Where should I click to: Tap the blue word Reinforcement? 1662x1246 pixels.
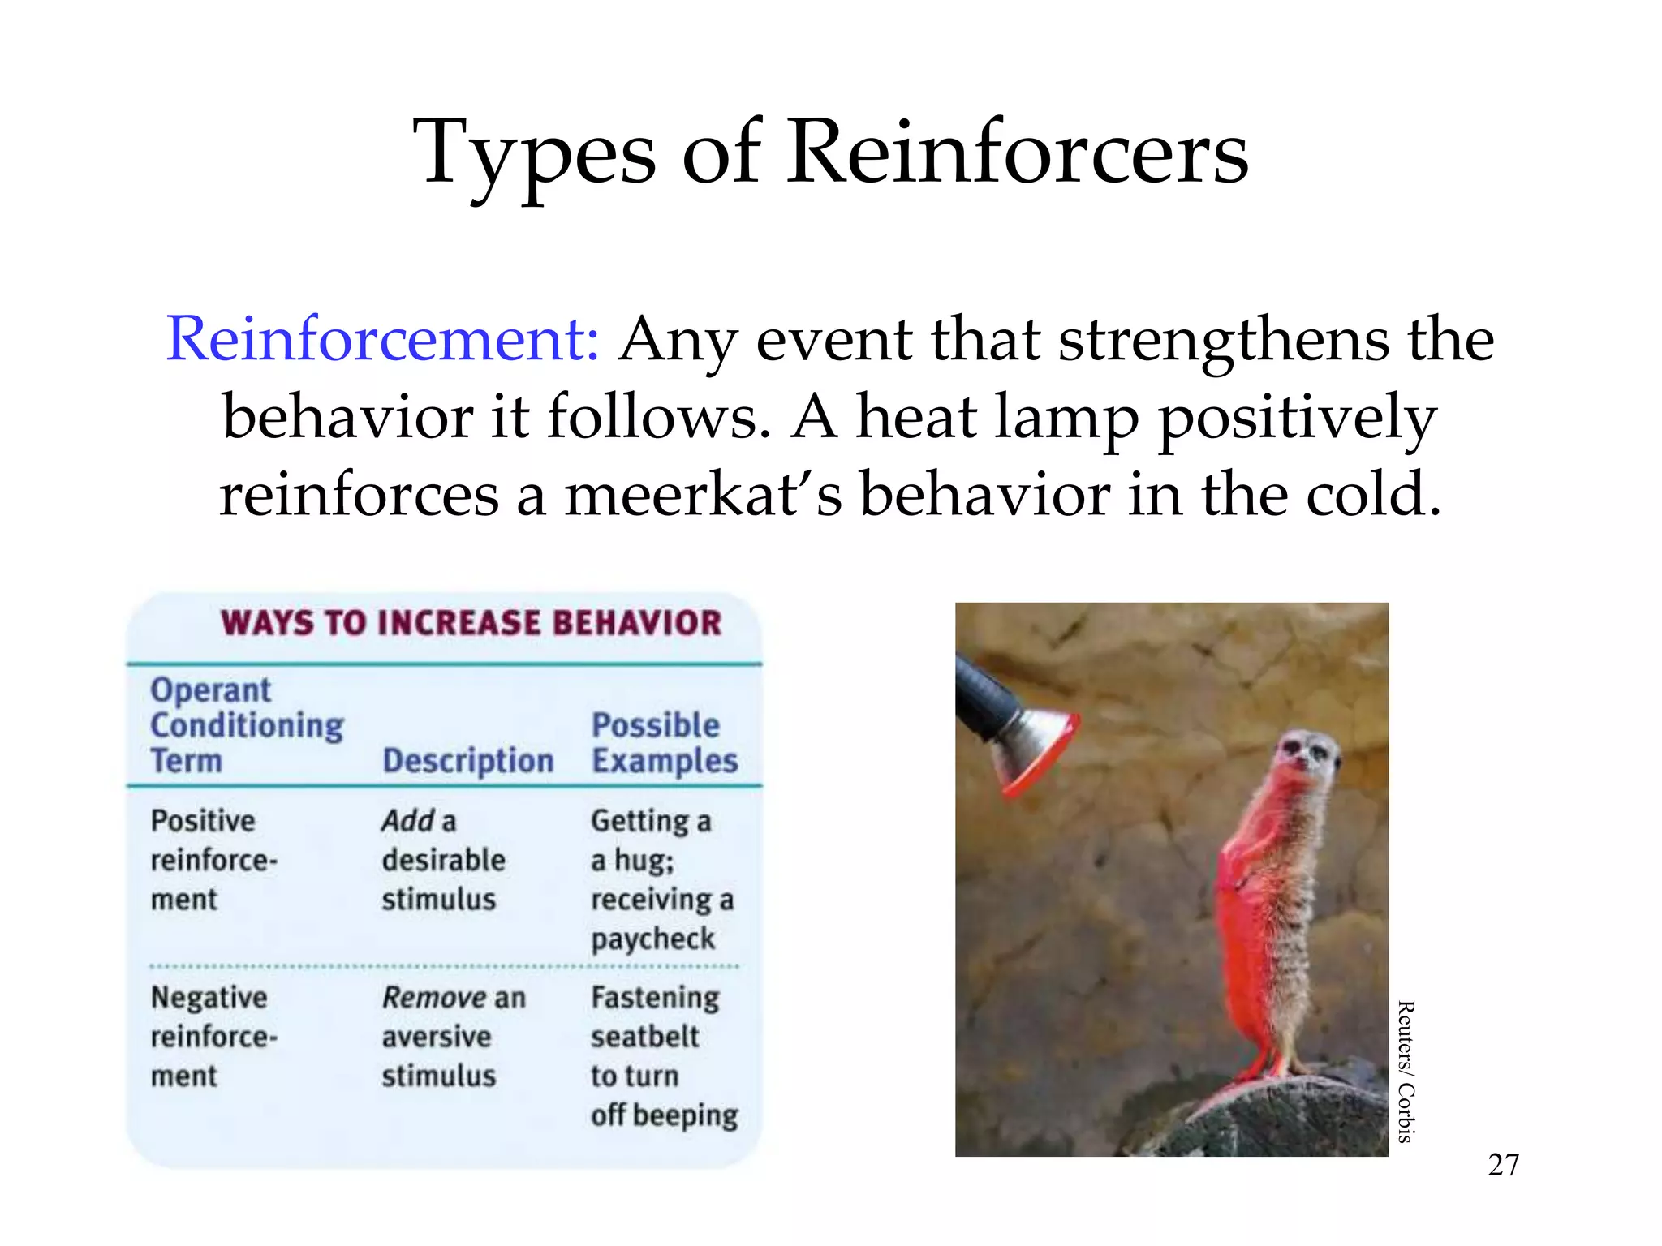(x=382, y=339)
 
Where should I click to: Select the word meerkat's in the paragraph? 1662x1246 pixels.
(x=704, y=495)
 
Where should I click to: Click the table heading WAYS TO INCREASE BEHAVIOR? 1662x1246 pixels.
(x=471, y=623)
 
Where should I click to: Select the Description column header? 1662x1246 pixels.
(x=468, y=761)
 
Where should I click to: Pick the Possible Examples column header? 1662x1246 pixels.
(x=664, y=743)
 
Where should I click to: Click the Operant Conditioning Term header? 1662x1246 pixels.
(x=247, y=725)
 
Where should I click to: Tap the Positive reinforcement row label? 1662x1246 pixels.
(x=213, y=860)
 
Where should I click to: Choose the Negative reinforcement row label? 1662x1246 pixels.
(x=213, y=1036)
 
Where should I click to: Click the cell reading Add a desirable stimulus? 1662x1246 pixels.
(x=443, y=860)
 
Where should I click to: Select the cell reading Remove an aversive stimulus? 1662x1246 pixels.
(x=453, y=1036)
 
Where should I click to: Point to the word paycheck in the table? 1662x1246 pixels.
(x=652, y=939)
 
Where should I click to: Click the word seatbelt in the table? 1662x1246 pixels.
(x=644, y=1037)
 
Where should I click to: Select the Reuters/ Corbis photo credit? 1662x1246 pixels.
(x=1406, y=1072)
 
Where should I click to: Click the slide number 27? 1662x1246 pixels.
(x=1503, y=1165)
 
